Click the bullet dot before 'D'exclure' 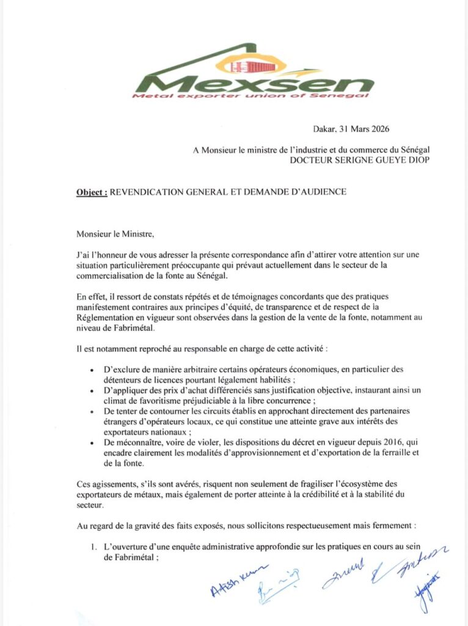[92, 370]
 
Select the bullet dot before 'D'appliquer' [92, 390]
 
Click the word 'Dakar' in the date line [324, 129]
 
